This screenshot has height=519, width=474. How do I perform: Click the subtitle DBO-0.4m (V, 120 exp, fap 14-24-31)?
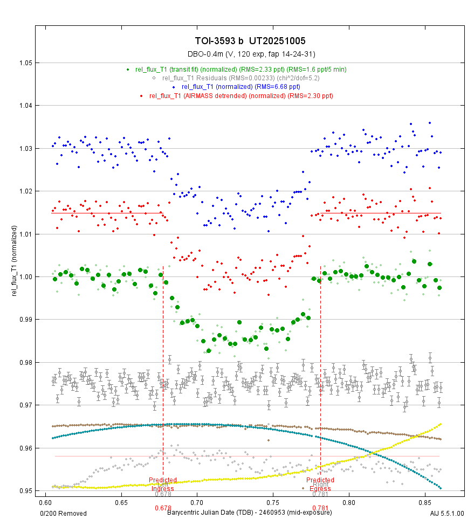pyautogui.click(x=251, y=54)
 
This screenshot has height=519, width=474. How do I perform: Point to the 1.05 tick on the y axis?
pyautogui.click(x=25, y=63)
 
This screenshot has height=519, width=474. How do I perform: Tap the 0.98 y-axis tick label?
pyautogui.click(x=25, y=362)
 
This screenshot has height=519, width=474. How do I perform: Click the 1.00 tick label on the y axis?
pyautogui.click(x=25, y=277)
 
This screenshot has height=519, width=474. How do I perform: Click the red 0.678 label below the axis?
pyautogui.click(x=163, y=508)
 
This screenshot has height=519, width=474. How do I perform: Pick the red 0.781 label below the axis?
pyautogui.click(x=320, y=508)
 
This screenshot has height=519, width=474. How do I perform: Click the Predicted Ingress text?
pyautogui.click(x=163, y=484)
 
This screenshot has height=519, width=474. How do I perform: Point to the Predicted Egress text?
pyautogui.click(x=320, y=484)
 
